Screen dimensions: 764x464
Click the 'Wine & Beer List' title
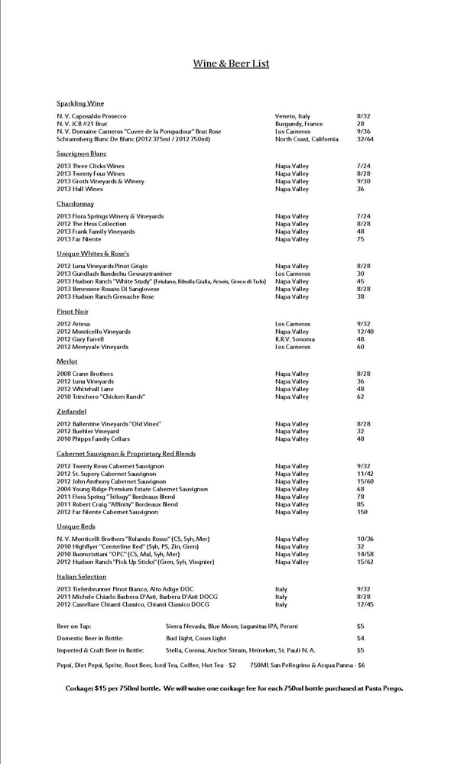[231, 64]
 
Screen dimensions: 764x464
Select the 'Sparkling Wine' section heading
[80, 103]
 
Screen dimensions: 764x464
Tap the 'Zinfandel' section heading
[72, 411]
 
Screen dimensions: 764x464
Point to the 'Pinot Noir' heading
[73, 312]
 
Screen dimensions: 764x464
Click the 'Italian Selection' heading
[81, 577]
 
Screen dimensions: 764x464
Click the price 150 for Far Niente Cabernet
[362, 512]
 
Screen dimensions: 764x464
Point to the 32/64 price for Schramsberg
[365, 139]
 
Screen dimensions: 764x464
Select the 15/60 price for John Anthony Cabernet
[365, 481]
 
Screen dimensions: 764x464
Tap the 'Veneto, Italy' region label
[293, 116]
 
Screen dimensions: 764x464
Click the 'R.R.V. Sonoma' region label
[294, 339]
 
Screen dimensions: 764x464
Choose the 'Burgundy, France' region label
[299, 124]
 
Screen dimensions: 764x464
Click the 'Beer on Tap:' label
[74, 626]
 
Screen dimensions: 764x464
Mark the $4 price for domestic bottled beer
[360, 638]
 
